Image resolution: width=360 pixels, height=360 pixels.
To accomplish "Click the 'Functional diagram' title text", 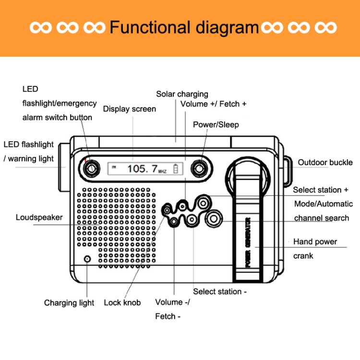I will [x=184, y=27].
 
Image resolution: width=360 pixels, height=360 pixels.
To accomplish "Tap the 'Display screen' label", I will [x=129, y=109].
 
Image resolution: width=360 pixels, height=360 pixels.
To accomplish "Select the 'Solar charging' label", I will [x=182, y=94].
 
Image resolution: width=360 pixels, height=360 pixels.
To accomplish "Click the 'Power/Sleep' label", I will [x=216, y=125].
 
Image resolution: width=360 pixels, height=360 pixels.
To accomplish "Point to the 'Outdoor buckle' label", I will [x=325, y=162].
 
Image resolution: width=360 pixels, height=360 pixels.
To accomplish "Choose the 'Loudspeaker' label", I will [x=39, y=217].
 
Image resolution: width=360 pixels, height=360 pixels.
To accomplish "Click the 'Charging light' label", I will [x=69, y=303].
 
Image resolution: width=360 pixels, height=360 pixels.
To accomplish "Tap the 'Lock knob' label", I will [x=122, y=302].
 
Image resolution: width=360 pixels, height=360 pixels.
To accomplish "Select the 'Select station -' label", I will [x=220, y=291].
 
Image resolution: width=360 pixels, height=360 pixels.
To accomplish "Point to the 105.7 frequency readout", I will [x=143, y=168].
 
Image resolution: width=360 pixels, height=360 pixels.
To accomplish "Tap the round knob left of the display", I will [x=90, y=168].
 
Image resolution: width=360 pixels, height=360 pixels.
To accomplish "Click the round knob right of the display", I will [x=198, y=168].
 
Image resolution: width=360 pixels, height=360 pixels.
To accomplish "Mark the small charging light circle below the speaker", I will [x=87, y=259].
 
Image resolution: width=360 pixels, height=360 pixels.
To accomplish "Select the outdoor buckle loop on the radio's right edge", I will [x=287, y=170].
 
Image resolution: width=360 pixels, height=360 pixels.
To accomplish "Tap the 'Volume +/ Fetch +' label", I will [x=213, y=104].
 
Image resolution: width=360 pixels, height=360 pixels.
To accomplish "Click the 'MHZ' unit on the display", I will [x=162, y=170].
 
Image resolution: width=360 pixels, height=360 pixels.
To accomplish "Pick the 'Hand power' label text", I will [x=315, y=241].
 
